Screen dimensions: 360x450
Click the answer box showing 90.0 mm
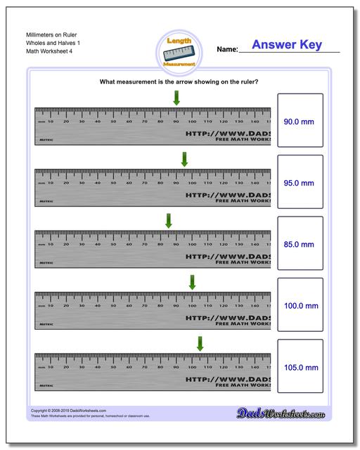300,121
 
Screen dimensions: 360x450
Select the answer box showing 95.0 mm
300,182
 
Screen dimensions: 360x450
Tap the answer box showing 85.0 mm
300,244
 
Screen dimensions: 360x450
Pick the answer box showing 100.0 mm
300,305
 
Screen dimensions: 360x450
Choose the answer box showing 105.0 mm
300,366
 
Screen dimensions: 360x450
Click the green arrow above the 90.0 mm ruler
176,99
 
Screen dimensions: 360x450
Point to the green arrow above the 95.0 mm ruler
184,160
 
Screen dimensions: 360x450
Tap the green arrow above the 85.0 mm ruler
168,221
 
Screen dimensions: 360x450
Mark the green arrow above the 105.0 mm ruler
200,344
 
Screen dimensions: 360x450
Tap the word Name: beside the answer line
227,50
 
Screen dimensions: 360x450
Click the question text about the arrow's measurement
179,82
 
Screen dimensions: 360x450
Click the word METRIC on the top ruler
46,140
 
